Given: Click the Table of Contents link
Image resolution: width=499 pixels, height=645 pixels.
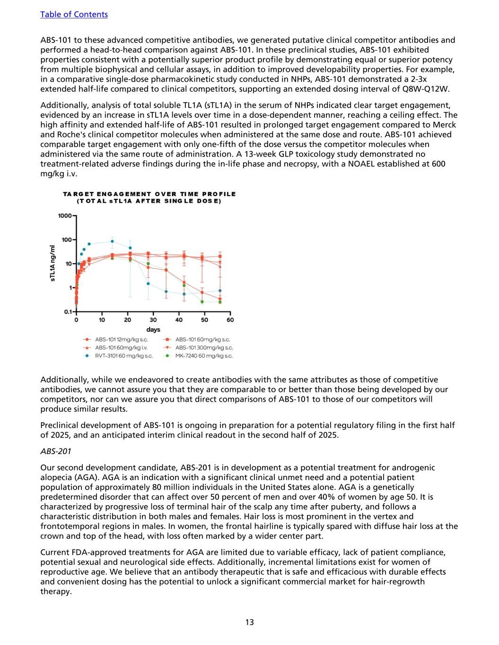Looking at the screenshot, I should coord(74,14).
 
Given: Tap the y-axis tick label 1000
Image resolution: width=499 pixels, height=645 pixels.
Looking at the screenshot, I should coord(64,216).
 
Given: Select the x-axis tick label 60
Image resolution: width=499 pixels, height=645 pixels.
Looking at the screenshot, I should coord(230,320).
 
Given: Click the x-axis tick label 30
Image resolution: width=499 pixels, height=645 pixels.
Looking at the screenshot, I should coord(153,320).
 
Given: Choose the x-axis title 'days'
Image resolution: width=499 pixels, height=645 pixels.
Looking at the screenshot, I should coord(153,329).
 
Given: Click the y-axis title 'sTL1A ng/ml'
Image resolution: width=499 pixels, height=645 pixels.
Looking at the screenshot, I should coord(53,264).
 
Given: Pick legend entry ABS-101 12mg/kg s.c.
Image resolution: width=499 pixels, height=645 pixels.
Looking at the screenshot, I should coord(122,339).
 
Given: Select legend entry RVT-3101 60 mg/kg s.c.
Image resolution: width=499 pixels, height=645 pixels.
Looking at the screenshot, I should coord(124,356).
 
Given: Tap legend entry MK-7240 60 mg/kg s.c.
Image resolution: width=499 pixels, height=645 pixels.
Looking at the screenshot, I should coord(204,356).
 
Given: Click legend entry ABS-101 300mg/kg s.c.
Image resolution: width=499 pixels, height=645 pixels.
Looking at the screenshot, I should coord(204,347).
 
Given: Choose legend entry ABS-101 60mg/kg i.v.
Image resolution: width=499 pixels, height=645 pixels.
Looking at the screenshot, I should coord(121,347).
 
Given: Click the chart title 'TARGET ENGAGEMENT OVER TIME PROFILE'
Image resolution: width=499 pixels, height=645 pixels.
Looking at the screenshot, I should coord(149,194).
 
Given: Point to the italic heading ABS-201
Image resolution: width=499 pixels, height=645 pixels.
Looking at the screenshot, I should coord(56,451).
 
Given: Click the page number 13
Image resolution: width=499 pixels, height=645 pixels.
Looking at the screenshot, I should coord(249,622).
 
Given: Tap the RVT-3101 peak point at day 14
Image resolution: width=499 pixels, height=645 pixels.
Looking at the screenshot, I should coord(112,241).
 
